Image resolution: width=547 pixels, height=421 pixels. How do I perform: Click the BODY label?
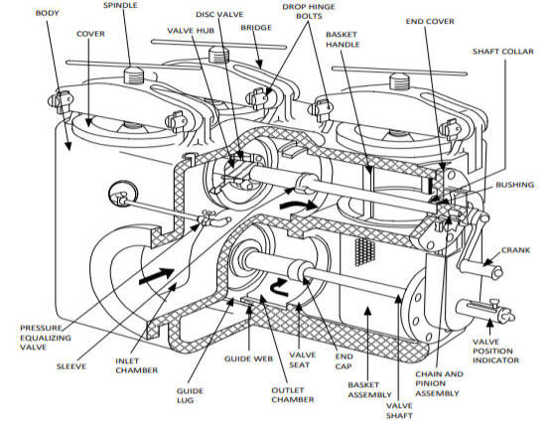point(47,13)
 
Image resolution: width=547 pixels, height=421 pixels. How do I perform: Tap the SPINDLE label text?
point(120,5)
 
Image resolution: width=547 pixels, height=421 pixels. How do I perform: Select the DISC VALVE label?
point(219,14)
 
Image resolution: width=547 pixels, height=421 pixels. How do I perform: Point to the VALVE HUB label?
point(191,31)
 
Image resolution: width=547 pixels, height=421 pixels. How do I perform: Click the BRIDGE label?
point(256,28)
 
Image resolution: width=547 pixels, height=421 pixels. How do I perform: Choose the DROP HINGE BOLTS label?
point(309,12)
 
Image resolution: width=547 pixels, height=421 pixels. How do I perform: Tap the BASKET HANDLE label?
point(342,40)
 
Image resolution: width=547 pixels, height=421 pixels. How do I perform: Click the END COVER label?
point(430,21)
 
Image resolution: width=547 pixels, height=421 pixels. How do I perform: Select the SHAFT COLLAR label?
point(503,52)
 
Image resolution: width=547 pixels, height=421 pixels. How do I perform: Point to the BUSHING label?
point(515,185)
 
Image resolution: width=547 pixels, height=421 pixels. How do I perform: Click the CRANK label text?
point(515,250)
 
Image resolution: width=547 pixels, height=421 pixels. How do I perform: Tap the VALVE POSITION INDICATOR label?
point(495,351)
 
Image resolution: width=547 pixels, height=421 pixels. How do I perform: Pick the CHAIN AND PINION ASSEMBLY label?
point(439,383)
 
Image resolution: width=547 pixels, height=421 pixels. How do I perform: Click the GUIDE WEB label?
point(249,358)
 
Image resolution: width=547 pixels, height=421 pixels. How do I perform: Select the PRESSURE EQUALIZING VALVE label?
point(46,338)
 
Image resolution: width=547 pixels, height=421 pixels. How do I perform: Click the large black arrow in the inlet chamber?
point(156,274)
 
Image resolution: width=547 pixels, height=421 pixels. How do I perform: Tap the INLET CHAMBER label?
point(136,365)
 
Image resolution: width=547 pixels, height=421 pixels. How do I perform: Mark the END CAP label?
point(343,361)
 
